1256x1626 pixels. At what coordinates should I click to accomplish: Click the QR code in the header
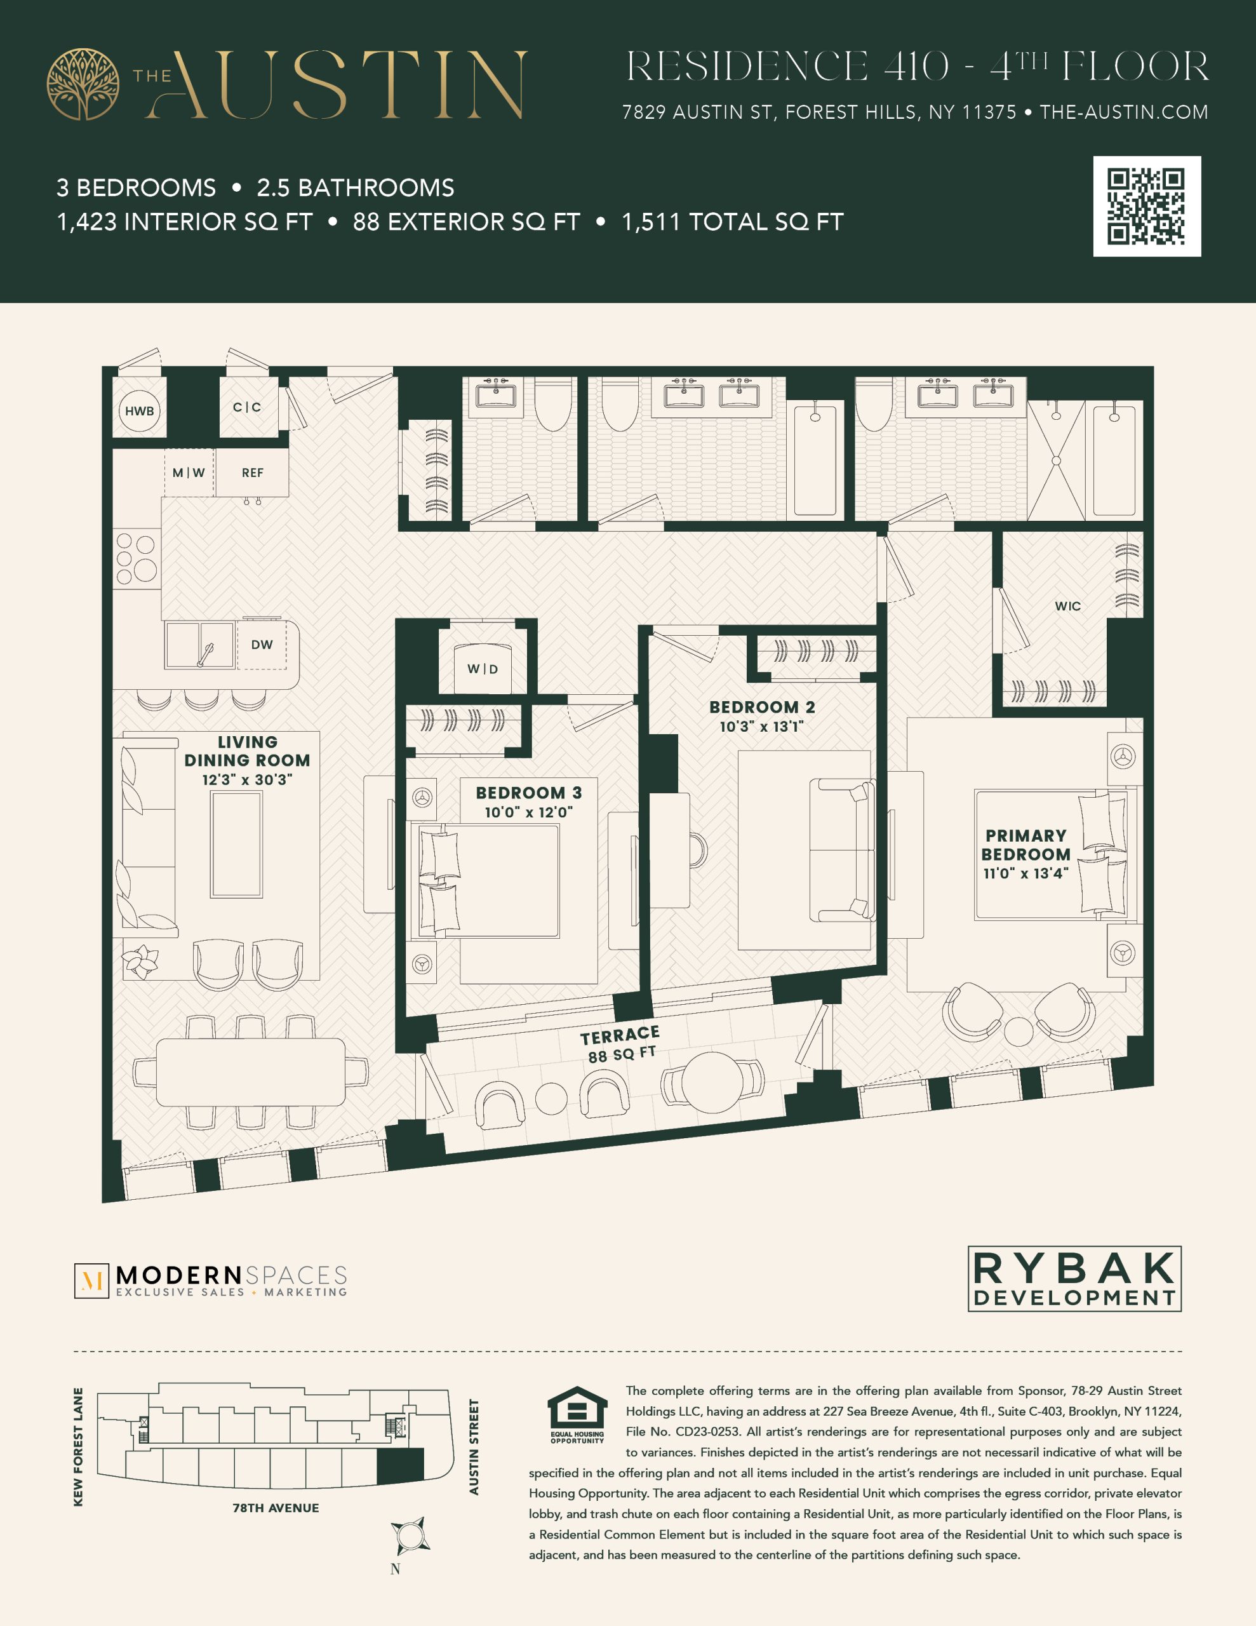click(1147, 206)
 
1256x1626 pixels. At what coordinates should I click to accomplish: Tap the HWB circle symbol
click(139, 411)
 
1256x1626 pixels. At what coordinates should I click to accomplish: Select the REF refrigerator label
click(252, 473)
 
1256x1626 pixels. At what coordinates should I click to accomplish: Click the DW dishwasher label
click(262, 645)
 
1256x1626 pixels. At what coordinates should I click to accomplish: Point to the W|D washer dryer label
click(483, 669)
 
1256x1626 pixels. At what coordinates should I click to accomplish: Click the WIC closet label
click(1067, 606)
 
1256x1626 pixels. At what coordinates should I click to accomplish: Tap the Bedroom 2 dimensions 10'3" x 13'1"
click(761, 727)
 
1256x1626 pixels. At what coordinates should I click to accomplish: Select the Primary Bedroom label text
click(1026, 845)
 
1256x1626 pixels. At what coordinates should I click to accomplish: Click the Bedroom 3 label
click(528, 793)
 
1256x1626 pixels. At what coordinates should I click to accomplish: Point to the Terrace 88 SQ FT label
click(621, 1045)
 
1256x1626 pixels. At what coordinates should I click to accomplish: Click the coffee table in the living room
click(236, 843)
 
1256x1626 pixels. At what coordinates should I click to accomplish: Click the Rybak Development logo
click(1074, 1279)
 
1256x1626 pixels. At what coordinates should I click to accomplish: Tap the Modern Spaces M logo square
click(91, 1280)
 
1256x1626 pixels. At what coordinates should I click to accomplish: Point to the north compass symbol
click(409, 1535)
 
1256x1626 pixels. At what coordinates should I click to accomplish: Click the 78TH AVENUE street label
click(276, 1508)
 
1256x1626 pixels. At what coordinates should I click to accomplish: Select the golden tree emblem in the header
click(83, 84)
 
